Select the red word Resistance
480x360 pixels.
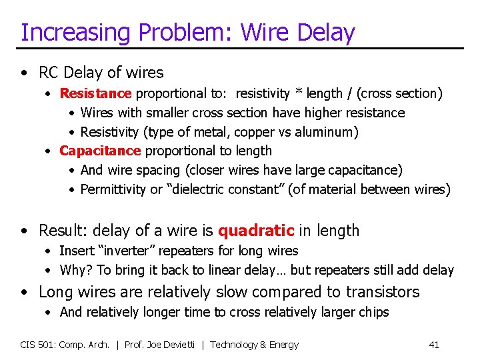[x=95, y=93]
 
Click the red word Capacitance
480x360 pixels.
[x=100, y=151]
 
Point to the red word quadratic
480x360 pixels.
[x=256, y=231]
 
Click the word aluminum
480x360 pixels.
[x=323, y=132]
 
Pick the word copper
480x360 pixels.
[x=255, y=132]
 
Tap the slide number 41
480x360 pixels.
[x=434, y=345]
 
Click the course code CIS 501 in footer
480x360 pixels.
[x=38, y=345]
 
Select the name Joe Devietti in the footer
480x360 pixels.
[x=177, y=345]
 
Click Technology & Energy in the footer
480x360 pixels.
[x=255, y=345]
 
